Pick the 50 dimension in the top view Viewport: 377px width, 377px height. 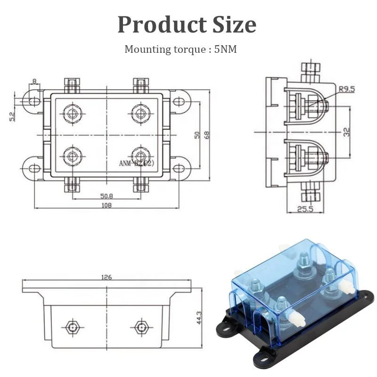coord(197,134)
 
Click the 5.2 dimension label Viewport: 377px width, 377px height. coord(13,115)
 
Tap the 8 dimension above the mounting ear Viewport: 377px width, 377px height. coord(34,82)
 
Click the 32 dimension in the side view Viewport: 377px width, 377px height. coord(347,132)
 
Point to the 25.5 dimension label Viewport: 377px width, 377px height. coord(305,209)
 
